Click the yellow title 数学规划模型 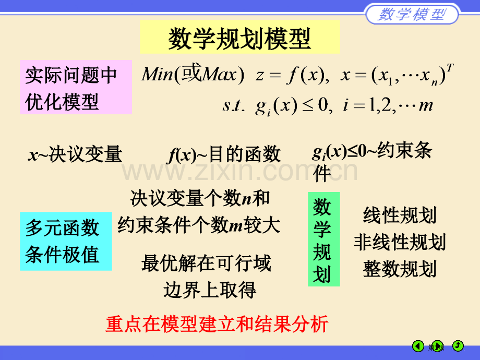[x=239, y=38]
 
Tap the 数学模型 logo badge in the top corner [x=412, y=14]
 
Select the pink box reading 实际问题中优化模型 [x=76, y=87]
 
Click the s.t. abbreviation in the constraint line [x=234, y=105]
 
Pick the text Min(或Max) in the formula [x=193, y=74]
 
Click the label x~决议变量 [x=75, y=154]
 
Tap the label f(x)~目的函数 [x=224, y=154]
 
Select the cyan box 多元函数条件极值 [x=66, y=241]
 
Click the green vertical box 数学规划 [x=324, y=239]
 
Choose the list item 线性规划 [x=400, y=215]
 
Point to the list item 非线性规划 [x=400, y=242]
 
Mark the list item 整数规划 [x=400, y=269]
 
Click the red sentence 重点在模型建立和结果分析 [x=217, y=324]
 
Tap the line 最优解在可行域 [x=206, y=263]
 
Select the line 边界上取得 [x=210, y=290]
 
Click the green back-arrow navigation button [x=418, y=346]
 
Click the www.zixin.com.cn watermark [x=239, y=172]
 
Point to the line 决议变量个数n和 [x=200, y=198]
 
